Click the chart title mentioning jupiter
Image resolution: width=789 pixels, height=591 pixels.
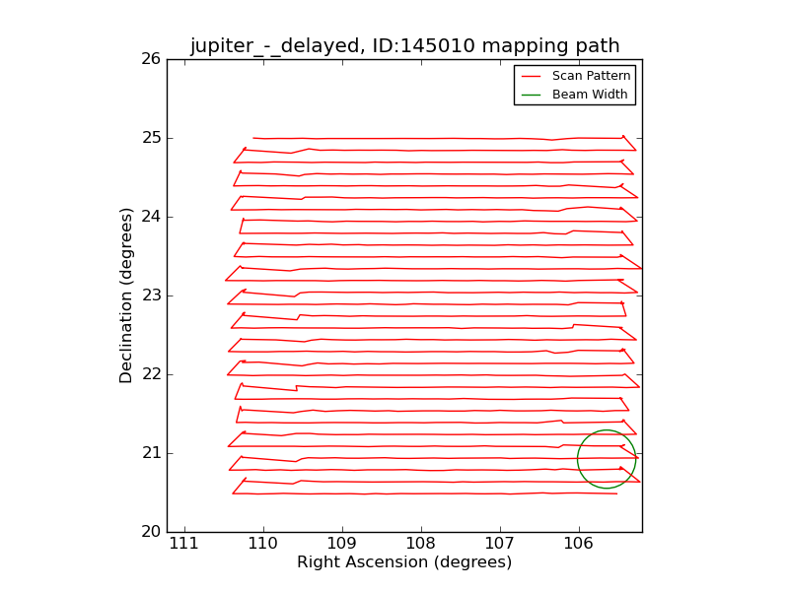[x=404, y=45]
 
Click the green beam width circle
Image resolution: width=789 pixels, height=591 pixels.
[x=578, y=459]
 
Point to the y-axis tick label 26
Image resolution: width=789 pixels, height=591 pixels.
[x=150, y=59]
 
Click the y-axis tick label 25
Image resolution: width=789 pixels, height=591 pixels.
[x=150, y=138]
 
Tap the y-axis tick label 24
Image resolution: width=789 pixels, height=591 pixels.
[x=150, y=217]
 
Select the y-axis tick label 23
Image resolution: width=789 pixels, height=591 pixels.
[x=150, y=295]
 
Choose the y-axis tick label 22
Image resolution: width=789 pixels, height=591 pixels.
[x=150, y=374]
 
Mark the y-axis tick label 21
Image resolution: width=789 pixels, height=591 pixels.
[x=150, y=453]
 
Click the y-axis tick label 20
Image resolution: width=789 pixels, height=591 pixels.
[x=150, y=532]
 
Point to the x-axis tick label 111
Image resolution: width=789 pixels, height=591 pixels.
[x=183, y=545]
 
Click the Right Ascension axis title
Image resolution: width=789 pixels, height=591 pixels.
[x=404, y=562]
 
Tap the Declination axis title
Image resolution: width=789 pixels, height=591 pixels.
[x=127, y=295]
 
